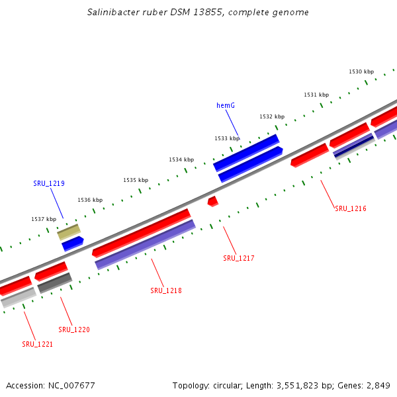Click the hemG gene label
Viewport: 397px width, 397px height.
tap(226, 105)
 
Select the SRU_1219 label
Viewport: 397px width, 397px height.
tap(49, 183)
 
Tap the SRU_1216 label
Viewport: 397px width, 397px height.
tap(351, 209)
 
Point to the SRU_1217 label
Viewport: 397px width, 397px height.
tap(239, 258)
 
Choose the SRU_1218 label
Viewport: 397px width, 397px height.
tap(166, 290)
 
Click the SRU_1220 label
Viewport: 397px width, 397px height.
tap(74, 330)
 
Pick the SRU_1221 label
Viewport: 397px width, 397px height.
tap(38, 344)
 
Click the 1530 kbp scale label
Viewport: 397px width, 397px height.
tap(361, 71)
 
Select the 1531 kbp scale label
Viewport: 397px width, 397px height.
tap(316, 95)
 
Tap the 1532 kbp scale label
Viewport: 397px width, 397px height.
tap(272, 116)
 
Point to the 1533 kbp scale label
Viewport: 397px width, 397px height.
tap(227, 138)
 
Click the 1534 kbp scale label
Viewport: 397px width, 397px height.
tap(181, 159)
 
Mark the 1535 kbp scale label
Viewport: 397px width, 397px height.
tap(136, 180)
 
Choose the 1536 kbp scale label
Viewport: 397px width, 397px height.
tap(90, 200)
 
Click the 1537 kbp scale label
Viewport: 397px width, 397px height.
tap(44, 219)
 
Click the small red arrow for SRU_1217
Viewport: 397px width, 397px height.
tap(212, 200)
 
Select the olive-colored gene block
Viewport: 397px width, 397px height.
tap(68, 232)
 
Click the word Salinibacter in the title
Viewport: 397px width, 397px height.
tap(112, 13)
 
